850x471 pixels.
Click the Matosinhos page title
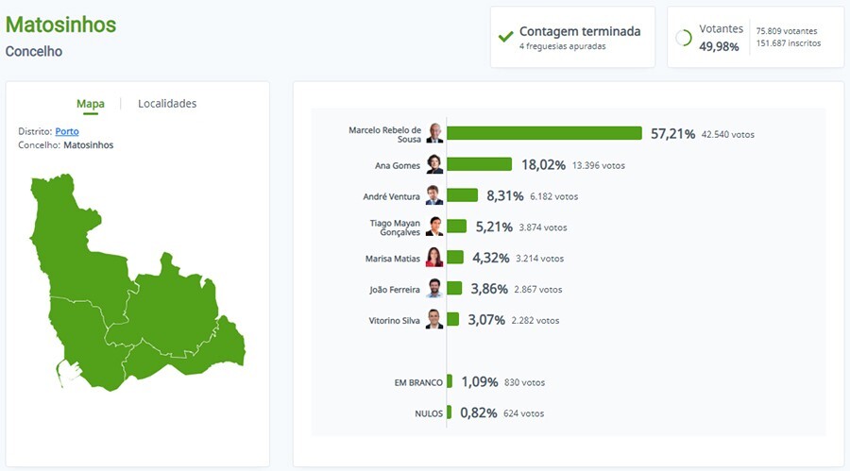pos(61,25)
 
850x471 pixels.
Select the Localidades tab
pos(167,104)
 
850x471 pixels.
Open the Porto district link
pos(67,131)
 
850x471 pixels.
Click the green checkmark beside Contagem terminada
pos(506,37)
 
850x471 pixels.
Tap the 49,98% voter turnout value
pos(719,46)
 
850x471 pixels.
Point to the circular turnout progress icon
pos(684,38)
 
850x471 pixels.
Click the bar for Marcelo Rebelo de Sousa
pos(544,134)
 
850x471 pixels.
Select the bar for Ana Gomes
pos(479,164)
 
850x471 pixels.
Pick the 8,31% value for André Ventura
pos(503,195)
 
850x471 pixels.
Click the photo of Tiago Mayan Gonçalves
pos(434,227)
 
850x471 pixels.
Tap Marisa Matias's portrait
pos(434,258)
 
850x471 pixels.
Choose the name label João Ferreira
pos(395,289)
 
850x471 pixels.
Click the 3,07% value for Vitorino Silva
pos(487,320)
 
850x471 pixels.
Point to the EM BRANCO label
pos(418,382)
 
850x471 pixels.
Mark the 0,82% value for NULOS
pos(479,412)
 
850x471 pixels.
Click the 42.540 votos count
pos(727,134)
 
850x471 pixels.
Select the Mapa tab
pos(91,104)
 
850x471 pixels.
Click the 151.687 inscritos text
pos(789,43)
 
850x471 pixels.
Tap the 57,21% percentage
pos(672,134)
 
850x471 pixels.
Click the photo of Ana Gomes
pos(434,164)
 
